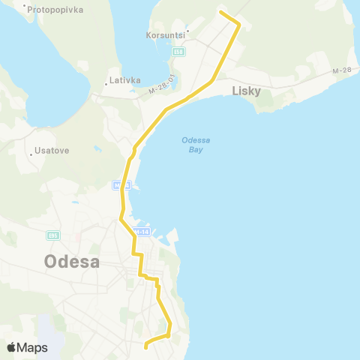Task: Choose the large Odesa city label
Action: click(x=73, y=262)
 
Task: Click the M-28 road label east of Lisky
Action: click(x=340, y=71)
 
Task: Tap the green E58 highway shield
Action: click(x=178, y=52)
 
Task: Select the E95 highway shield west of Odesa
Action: click(x=53, y=235)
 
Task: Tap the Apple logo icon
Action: click(x=12, y=347)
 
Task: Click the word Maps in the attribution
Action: click(x=33, y=347)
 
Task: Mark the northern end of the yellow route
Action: click(x=219, y=11)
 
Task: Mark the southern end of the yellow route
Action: click(x=144, y=346)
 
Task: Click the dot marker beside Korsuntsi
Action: click(x=187, y=31)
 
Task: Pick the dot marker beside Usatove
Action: click(x=33, y=154)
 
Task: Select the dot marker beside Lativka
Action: click(x=106, y=84)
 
